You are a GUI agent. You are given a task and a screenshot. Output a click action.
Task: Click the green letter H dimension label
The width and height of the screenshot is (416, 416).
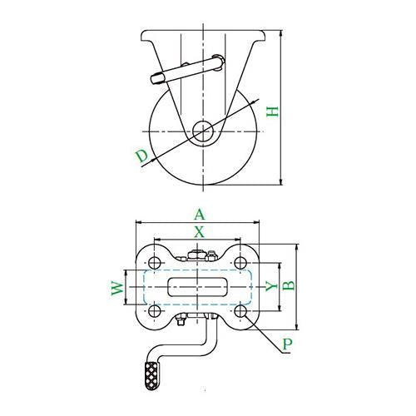272,111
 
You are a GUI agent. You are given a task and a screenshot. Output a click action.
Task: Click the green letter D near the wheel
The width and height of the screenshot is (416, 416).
142,156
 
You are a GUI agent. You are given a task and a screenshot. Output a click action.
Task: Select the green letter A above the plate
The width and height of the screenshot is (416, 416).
200,215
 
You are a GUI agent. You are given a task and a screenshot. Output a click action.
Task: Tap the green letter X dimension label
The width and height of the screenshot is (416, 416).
199,232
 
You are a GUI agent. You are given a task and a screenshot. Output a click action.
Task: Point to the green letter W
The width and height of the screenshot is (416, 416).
117,288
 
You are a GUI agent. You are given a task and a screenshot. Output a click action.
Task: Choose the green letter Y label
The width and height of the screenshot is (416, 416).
271,286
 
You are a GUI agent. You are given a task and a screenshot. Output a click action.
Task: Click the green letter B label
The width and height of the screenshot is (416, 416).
289,285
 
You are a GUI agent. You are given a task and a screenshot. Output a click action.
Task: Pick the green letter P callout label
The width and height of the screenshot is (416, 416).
288,344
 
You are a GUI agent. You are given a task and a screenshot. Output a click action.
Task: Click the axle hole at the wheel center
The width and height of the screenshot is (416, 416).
203,131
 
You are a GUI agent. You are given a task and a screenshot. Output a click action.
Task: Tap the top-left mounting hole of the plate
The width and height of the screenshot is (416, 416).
155,263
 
